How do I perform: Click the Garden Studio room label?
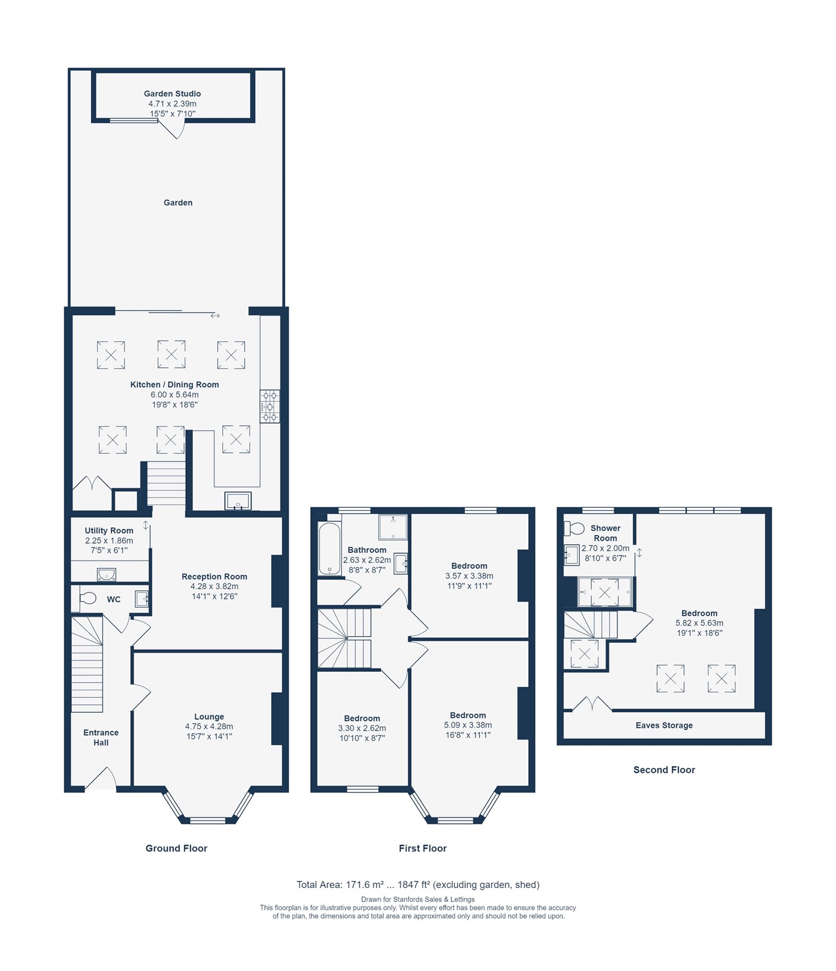[172, 94]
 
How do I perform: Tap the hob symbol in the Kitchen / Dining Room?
[269, 406]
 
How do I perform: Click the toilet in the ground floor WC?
[87, 598]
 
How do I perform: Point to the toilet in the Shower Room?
[575, 528]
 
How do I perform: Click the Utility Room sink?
[107, 575]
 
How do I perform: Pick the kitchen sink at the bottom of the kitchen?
[238, 500]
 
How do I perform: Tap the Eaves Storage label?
[664, 725]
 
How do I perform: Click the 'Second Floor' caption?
[664, 770]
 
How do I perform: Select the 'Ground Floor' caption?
[176, 848]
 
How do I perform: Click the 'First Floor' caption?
[422, 848]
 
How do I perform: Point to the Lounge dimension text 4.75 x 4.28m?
[209, 726]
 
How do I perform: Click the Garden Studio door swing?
[173, 129]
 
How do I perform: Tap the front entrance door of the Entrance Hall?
[101, 780]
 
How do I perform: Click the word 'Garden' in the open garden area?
[178, 202]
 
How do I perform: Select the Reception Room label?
[214, 577]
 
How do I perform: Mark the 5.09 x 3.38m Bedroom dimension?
[468, 725]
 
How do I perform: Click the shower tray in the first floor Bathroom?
[393, 527]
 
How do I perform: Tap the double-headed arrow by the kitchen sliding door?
[215, 316]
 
